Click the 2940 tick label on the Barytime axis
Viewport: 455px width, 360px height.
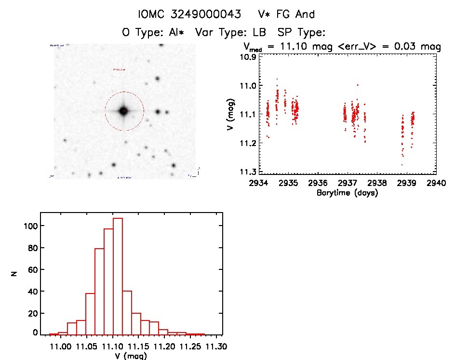pyautogui.click(x=437, y=183)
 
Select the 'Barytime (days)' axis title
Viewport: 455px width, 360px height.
pyautogui.click(x=347, y=193)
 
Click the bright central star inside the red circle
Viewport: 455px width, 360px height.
pyautogui.click(x=124, y=111)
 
